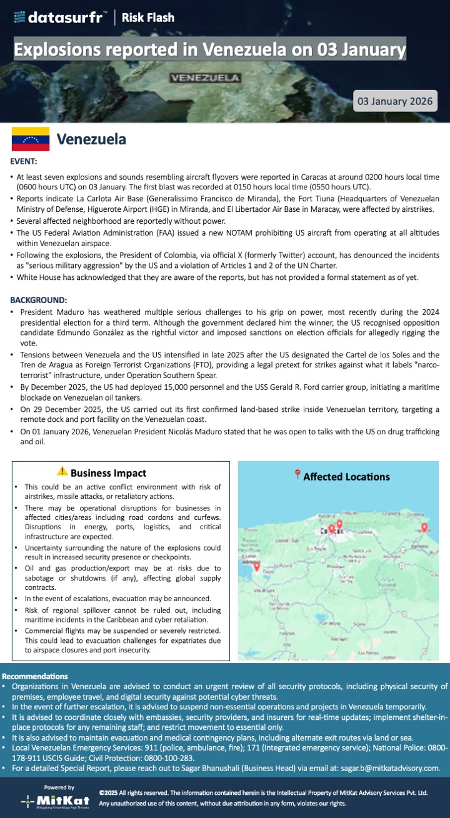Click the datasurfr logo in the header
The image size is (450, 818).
pos(59,17)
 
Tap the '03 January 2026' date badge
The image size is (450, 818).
pos(394,101)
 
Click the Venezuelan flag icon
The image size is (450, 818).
pos(31,139)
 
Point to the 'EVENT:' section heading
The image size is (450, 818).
pos(24,162)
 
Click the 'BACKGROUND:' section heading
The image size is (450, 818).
pos(39,300)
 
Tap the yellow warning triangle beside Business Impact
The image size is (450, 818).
pos(62,472)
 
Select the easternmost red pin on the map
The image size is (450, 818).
pos(424,529)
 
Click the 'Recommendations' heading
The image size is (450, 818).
pos(35,676)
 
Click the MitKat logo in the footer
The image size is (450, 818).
pos(59,801)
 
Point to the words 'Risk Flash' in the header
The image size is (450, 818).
pos(148,17)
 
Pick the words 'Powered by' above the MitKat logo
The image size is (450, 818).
pos(59,787)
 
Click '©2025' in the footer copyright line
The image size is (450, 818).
pos(109,792)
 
